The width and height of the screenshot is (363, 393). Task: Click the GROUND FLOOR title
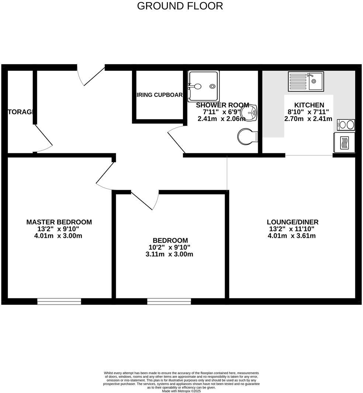pos(180,6)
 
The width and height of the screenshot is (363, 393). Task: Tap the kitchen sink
pos(306,81)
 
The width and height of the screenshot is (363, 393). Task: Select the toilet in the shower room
pos(247,137)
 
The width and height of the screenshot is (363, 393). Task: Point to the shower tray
pos(203,86)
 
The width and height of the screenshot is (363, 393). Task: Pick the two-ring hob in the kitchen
pos(346,125)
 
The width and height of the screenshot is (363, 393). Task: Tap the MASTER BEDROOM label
pos(59,222)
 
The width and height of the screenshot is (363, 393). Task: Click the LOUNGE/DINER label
pos(293,222)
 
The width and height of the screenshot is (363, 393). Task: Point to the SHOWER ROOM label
pos(222,105)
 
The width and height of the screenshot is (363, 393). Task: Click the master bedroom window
pos(59,301)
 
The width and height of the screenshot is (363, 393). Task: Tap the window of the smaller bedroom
pos(169,301)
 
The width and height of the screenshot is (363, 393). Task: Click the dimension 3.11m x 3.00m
pos(169,254)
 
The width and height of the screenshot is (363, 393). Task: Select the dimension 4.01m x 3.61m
pos(292,236)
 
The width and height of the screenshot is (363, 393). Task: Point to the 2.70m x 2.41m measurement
pos(308,119)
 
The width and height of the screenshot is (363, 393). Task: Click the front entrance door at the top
pos(92,75)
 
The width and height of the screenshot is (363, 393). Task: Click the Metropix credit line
pos(181,391)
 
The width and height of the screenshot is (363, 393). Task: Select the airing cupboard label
pos(159,95)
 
